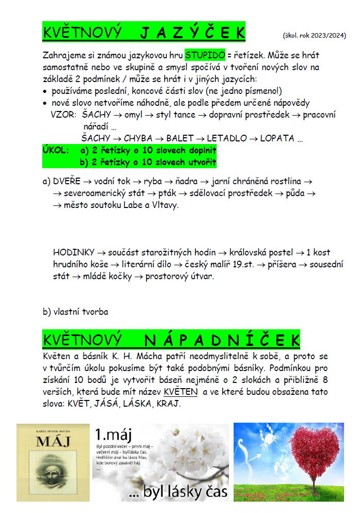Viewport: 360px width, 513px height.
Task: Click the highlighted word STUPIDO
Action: point(205,54)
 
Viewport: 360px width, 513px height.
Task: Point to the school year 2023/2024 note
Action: point(314,36)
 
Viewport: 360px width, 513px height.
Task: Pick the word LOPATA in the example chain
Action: point(277,138)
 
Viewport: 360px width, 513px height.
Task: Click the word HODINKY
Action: point(74,252)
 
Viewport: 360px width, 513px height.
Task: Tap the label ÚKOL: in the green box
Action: point(56,150)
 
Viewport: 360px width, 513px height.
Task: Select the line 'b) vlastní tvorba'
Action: point(75,312)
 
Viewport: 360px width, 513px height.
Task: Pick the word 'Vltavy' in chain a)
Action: point(164,205)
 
